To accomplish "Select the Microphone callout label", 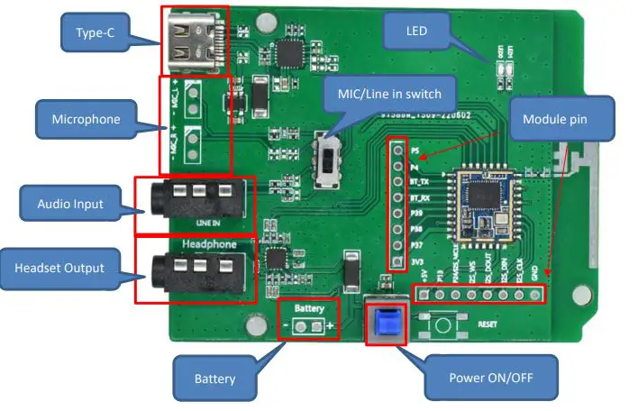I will (x=86, y=119).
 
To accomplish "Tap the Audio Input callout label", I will (x=70, y=204).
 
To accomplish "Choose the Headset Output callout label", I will (x=60, y=268).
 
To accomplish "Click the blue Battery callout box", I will (x=215, y=379).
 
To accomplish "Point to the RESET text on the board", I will (x=488, y=323).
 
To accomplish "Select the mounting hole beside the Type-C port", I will (x=265, y=21).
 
